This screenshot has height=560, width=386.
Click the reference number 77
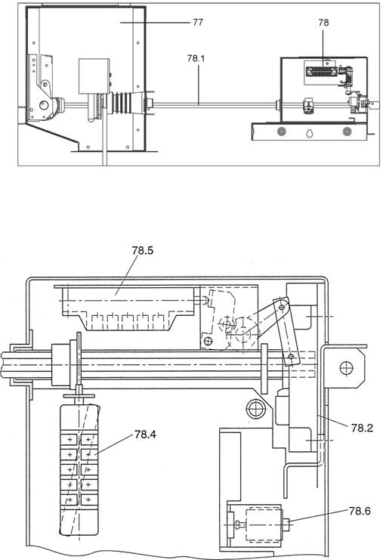(198, 22)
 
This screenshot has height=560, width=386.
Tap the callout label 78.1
(196, 58)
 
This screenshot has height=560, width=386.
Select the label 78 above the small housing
(323, 23)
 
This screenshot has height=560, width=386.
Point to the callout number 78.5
(143, 250)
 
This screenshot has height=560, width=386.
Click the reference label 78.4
(145, 435)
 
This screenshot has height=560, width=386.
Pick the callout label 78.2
(362, 428)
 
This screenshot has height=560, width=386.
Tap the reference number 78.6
(360, 511)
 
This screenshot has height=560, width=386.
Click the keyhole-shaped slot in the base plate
(310, 133)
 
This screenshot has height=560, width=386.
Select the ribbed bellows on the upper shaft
(121, 104)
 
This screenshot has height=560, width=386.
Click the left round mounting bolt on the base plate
(282, 131)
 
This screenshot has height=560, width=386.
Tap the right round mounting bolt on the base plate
(347, 131)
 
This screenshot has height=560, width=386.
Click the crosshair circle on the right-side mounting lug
(347, 368)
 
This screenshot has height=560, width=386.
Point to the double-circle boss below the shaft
(255, 408)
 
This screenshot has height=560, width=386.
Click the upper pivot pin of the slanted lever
(282, 307)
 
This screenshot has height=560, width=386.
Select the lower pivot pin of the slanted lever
(291, 356)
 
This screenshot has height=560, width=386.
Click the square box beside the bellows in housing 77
(94, 76)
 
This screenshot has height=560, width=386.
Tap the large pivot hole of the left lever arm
(44, 105)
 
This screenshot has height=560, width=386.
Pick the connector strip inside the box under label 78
(320, 71)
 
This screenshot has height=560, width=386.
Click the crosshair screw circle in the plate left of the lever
(207, 341)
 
